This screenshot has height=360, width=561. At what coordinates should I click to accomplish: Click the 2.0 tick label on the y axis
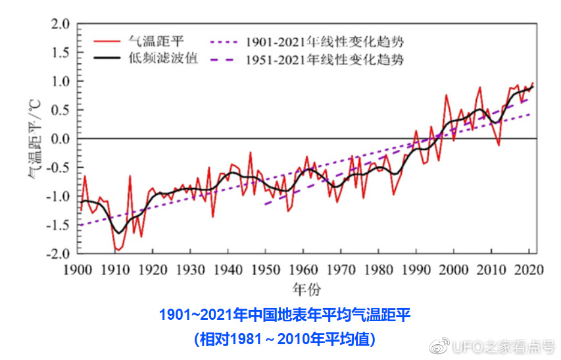coord(60,24)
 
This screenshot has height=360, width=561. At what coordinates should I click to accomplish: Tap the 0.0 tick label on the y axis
coord(60,139)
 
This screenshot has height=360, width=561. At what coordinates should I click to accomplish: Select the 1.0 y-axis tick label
coord(60,82)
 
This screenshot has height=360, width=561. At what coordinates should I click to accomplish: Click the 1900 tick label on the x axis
coord(78,269)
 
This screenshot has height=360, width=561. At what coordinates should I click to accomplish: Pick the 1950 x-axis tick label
coord(265,269)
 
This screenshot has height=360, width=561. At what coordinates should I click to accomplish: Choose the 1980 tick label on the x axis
coord(378,269)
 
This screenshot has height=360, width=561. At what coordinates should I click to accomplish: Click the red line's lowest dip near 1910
coord(116,251)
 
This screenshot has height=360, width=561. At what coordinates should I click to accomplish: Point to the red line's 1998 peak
coord(447,95)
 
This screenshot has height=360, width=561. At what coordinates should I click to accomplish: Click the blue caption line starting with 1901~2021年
coord(284,315)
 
